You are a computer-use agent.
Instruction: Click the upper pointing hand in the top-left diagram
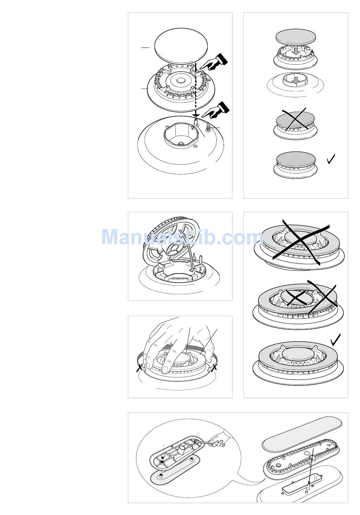[x=214, y=62]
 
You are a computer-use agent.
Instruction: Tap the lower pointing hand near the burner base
[x=216, y=110]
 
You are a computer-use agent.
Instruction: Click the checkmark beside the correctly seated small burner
[x=331, y=159]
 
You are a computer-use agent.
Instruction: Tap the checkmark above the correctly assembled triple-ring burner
[x=336, y=340]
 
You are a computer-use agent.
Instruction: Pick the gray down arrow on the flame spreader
[x=296, y=51]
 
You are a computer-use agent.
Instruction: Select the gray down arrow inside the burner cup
[x=296, y=80]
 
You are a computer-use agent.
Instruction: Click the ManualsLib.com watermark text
[x=182, y=237]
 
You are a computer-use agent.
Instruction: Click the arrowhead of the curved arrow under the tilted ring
[x=192, y=270]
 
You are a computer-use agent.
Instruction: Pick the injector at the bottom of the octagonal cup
[x=181, y=144]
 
